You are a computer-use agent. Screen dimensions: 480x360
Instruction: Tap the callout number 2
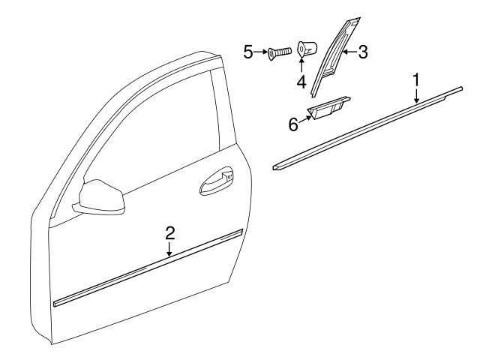170,232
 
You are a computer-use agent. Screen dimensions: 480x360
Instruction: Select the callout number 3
362,52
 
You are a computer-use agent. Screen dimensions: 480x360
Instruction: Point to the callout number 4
301,81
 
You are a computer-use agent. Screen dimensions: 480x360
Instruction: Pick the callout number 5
248,52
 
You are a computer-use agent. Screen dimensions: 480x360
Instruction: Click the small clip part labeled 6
328,109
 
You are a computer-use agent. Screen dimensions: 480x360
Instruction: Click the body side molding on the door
150,268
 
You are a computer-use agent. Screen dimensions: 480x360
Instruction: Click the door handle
217,183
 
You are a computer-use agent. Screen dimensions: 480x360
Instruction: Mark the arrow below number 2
170,249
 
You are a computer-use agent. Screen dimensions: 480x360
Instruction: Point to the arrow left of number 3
349,52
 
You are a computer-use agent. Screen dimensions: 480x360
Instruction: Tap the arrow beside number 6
305,117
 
